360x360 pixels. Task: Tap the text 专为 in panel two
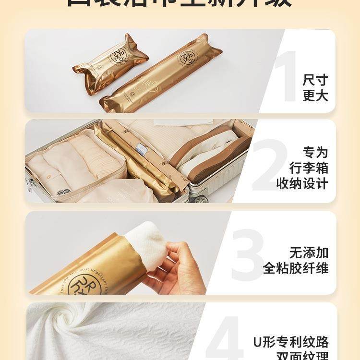coord(315,153)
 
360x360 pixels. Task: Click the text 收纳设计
coord(302,183)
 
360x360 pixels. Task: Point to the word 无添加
coord(309,252)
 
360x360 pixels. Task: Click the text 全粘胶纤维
coord(296,268)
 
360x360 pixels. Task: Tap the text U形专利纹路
coord(291,342)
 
